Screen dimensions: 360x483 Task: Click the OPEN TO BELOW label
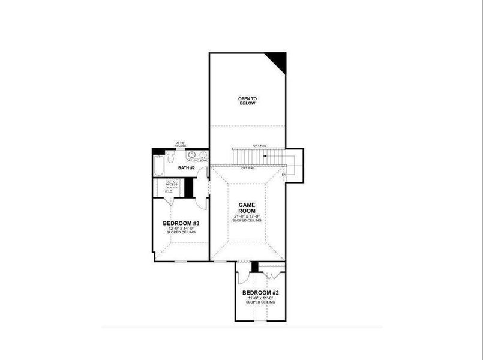coord(247,101)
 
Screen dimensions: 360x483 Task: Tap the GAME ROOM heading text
coord(247,208)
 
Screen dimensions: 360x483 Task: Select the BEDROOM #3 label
coord(181,223)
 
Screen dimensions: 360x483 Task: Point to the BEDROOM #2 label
coord(260,293)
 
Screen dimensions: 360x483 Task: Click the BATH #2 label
coord(187,167)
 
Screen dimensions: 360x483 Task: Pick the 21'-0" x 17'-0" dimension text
coord(247,216)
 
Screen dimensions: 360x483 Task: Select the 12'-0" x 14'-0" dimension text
coord(181,228)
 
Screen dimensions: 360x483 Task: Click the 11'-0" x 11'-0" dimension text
coord(260,298)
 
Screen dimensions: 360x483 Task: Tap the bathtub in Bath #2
coord(158,166)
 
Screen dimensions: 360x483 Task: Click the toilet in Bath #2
coord(170,157)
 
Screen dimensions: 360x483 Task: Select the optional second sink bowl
coord(203,154)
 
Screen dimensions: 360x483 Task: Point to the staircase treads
coord(259,157)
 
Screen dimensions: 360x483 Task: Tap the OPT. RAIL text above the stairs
coord(259,146)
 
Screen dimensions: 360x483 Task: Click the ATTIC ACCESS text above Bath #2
coord(181,144)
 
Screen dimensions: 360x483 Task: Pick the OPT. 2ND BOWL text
coord(197,161)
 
